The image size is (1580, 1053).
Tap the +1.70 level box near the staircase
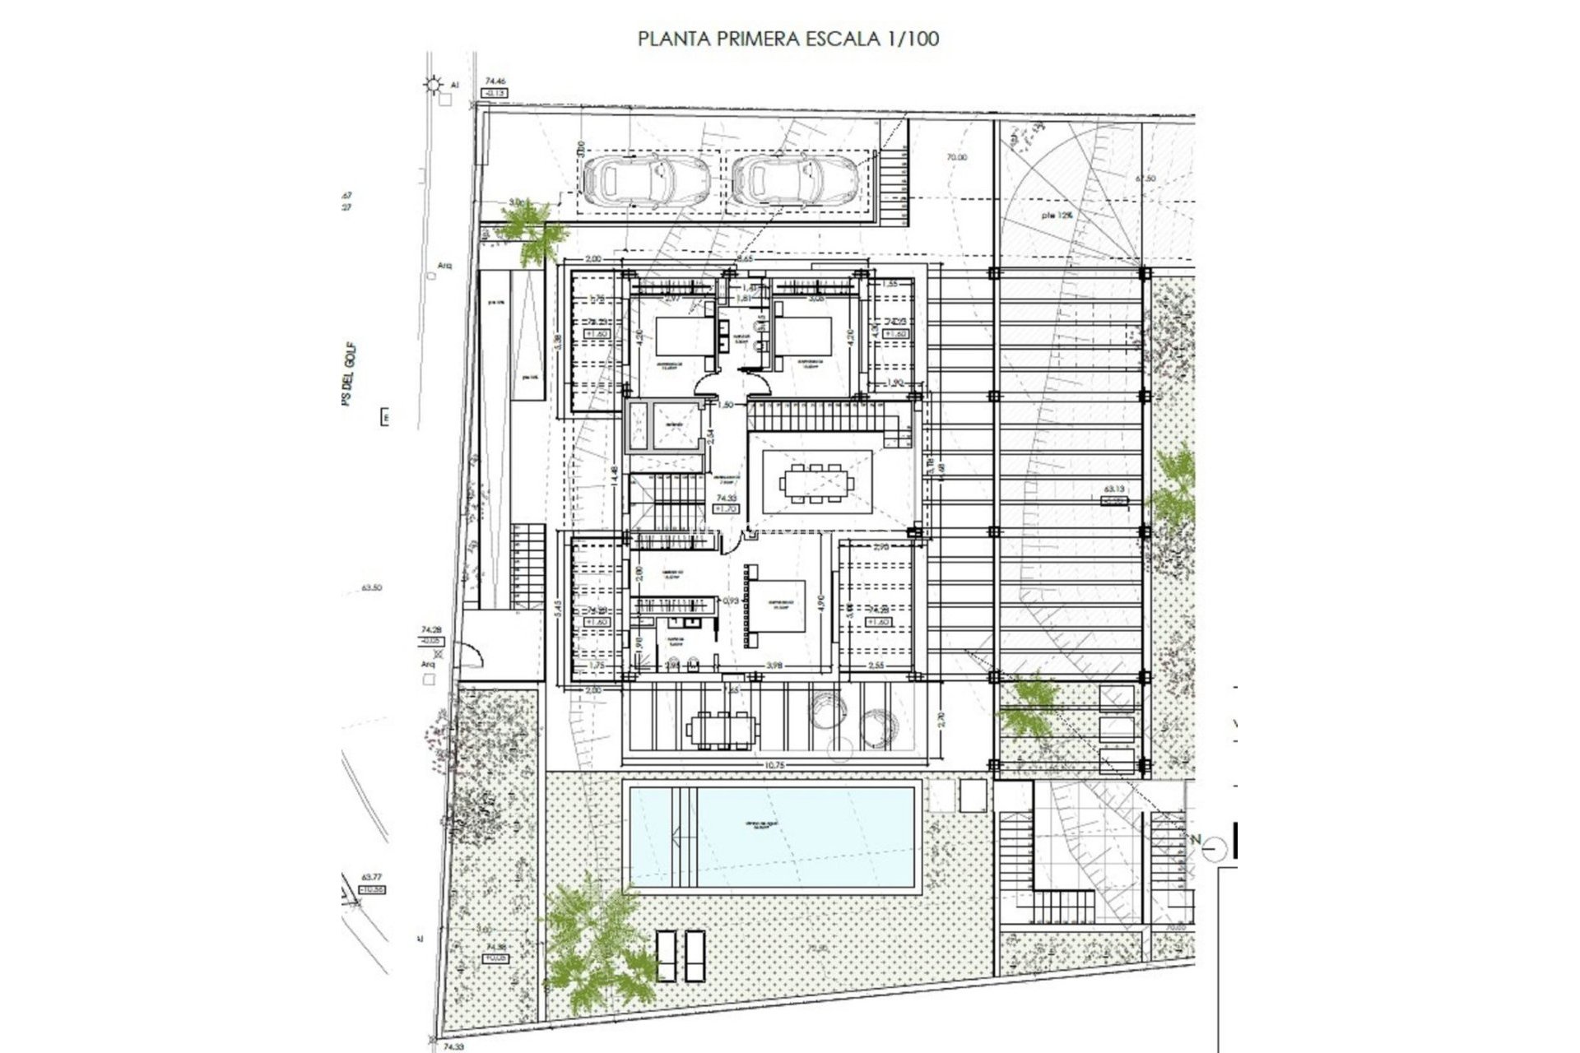[725, 509]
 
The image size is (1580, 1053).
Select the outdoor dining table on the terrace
[720, 729]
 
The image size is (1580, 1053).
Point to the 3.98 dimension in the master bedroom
[773, 665]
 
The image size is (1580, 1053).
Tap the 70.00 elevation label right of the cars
[956, 157]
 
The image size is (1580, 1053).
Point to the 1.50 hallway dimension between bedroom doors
[726, 405]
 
